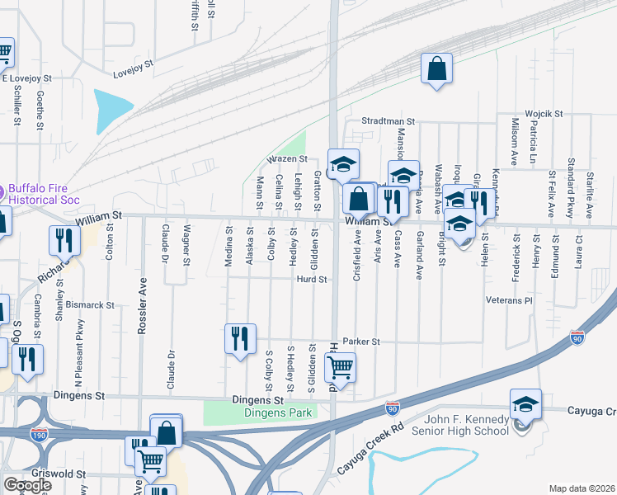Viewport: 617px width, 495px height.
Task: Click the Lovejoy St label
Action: point(134,64)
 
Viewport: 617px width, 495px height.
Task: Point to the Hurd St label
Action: point(313,280)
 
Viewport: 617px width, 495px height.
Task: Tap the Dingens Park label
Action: point(257,412)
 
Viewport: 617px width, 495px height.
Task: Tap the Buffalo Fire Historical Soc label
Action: point(49,192)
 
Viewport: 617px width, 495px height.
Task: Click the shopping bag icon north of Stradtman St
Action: point(437,68)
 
